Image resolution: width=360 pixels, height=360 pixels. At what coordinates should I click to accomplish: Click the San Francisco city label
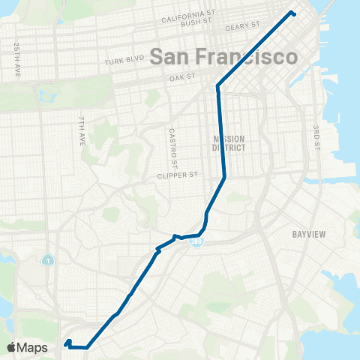223,56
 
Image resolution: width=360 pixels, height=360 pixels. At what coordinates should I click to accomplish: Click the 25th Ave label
16,61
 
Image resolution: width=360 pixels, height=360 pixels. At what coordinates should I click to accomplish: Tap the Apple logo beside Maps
11,347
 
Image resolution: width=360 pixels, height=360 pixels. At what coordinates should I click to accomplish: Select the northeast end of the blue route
292,13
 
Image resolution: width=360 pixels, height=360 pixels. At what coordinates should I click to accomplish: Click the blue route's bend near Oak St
218,85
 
